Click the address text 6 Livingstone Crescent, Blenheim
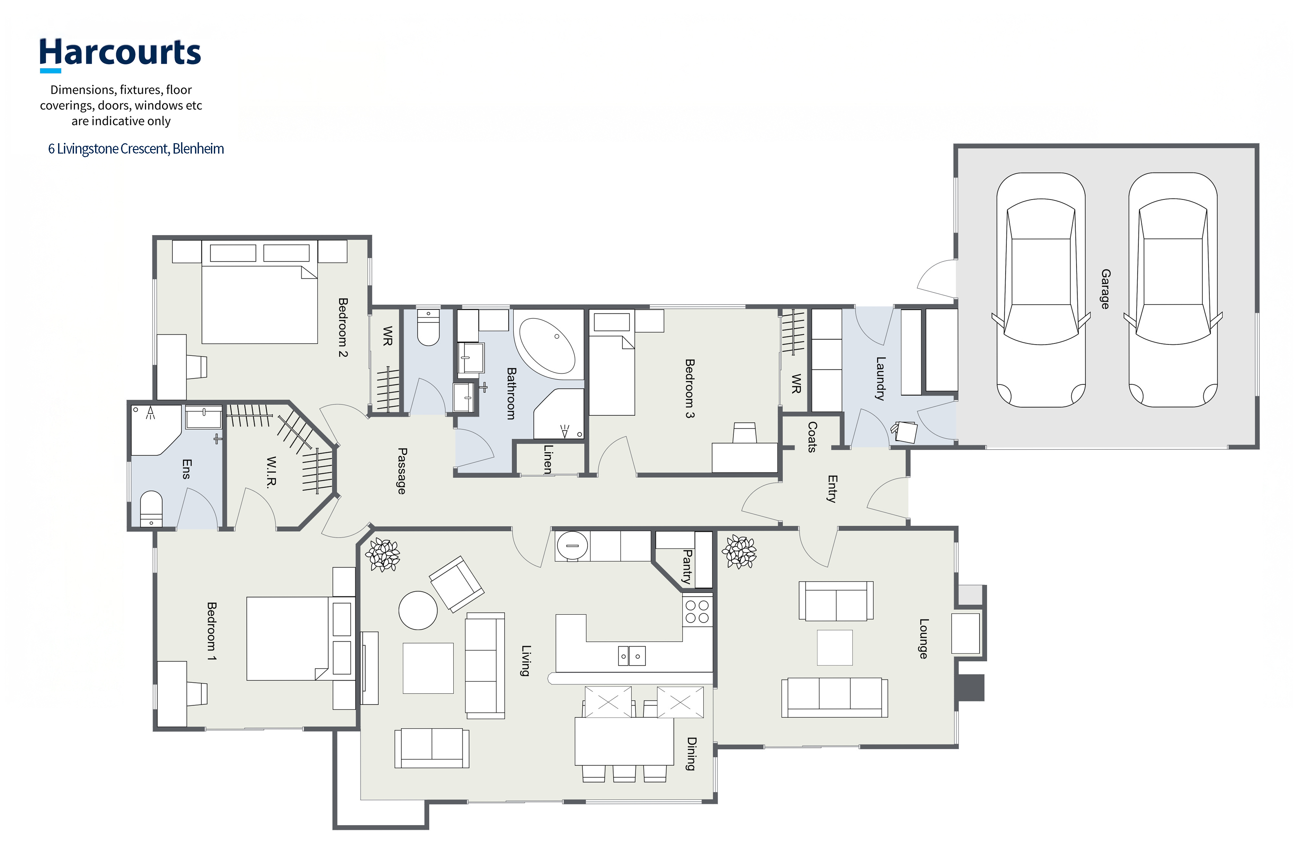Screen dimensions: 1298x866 point(136,149)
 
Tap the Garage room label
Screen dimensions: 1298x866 point(1105,289)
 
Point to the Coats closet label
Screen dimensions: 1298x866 point(812,436)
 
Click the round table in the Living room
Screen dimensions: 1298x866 point(418,610)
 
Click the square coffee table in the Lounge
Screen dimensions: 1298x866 point(834,647)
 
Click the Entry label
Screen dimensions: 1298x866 point(832,489)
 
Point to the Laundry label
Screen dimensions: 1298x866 point(881,378)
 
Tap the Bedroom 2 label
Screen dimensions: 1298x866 point(343,328)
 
